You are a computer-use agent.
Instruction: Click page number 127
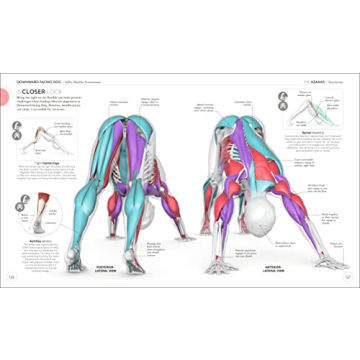pos(347,277)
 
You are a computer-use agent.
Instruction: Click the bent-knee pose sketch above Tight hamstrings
pos(19,131)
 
